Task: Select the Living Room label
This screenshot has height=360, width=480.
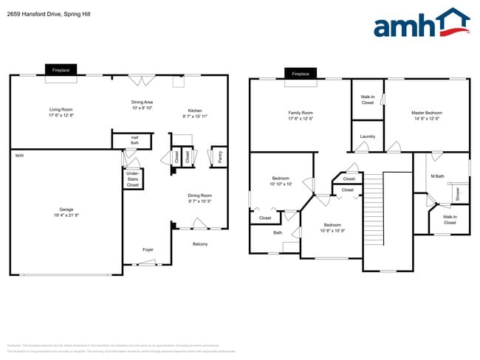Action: click(61, 110)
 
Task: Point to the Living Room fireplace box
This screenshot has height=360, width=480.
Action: click(61, 70)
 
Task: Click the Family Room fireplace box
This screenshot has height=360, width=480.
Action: click(301, 74)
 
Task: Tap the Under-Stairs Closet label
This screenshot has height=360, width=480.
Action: click(133, 179)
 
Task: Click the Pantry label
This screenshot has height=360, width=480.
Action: click(219, 156)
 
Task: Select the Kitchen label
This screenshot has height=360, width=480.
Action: click(195, 110)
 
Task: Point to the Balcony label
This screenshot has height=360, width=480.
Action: click(200, 244)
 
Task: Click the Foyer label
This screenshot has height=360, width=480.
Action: click(148, 250)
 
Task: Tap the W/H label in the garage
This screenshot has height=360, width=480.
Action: click(19, 156)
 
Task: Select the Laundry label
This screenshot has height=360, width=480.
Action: click(368, 136)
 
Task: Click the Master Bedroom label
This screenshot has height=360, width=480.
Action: click(427, 113)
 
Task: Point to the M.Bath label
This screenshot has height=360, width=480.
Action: click(437, 176)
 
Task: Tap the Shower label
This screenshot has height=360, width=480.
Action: click(458, 194)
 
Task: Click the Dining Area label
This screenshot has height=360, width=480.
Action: click(142, 102)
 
